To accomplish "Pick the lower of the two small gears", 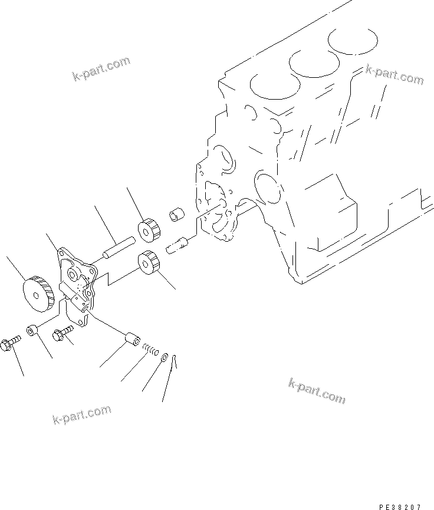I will [x=150, y=261].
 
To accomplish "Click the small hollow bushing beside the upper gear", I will [x=176, y=214].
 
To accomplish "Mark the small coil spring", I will [x=152, y=352].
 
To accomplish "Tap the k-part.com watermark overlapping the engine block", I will [x=393, y=75].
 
